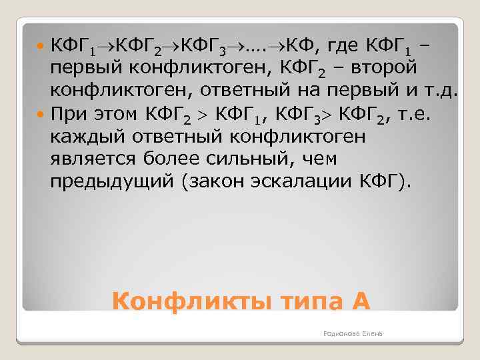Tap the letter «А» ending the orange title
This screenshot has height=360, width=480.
point(359,301)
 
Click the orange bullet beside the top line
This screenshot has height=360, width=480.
point(41,49)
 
